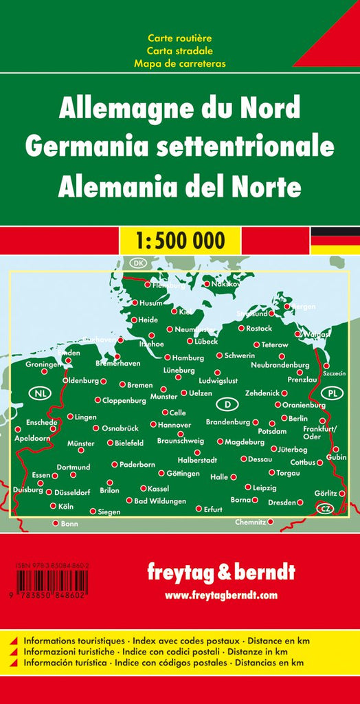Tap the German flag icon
point(335,240)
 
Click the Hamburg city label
point(188,358)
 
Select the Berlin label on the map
point(299,418)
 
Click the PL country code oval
point(333,393)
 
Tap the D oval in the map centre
point(227,404)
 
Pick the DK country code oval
point(139,263)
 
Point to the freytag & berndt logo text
point(221,572)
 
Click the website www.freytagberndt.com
point(221,595)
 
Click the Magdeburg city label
point(245,442)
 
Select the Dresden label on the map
point(282,503)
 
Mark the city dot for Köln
point(53,506)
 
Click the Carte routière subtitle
point(179,38)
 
